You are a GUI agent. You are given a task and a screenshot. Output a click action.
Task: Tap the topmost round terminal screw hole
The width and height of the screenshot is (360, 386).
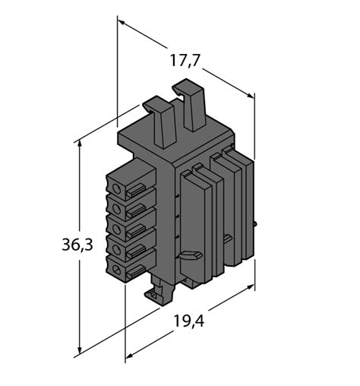click(117, 188)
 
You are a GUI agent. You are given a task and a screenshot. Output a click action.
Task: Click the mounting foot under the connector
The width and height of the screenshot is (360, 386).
click(161, 293)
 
